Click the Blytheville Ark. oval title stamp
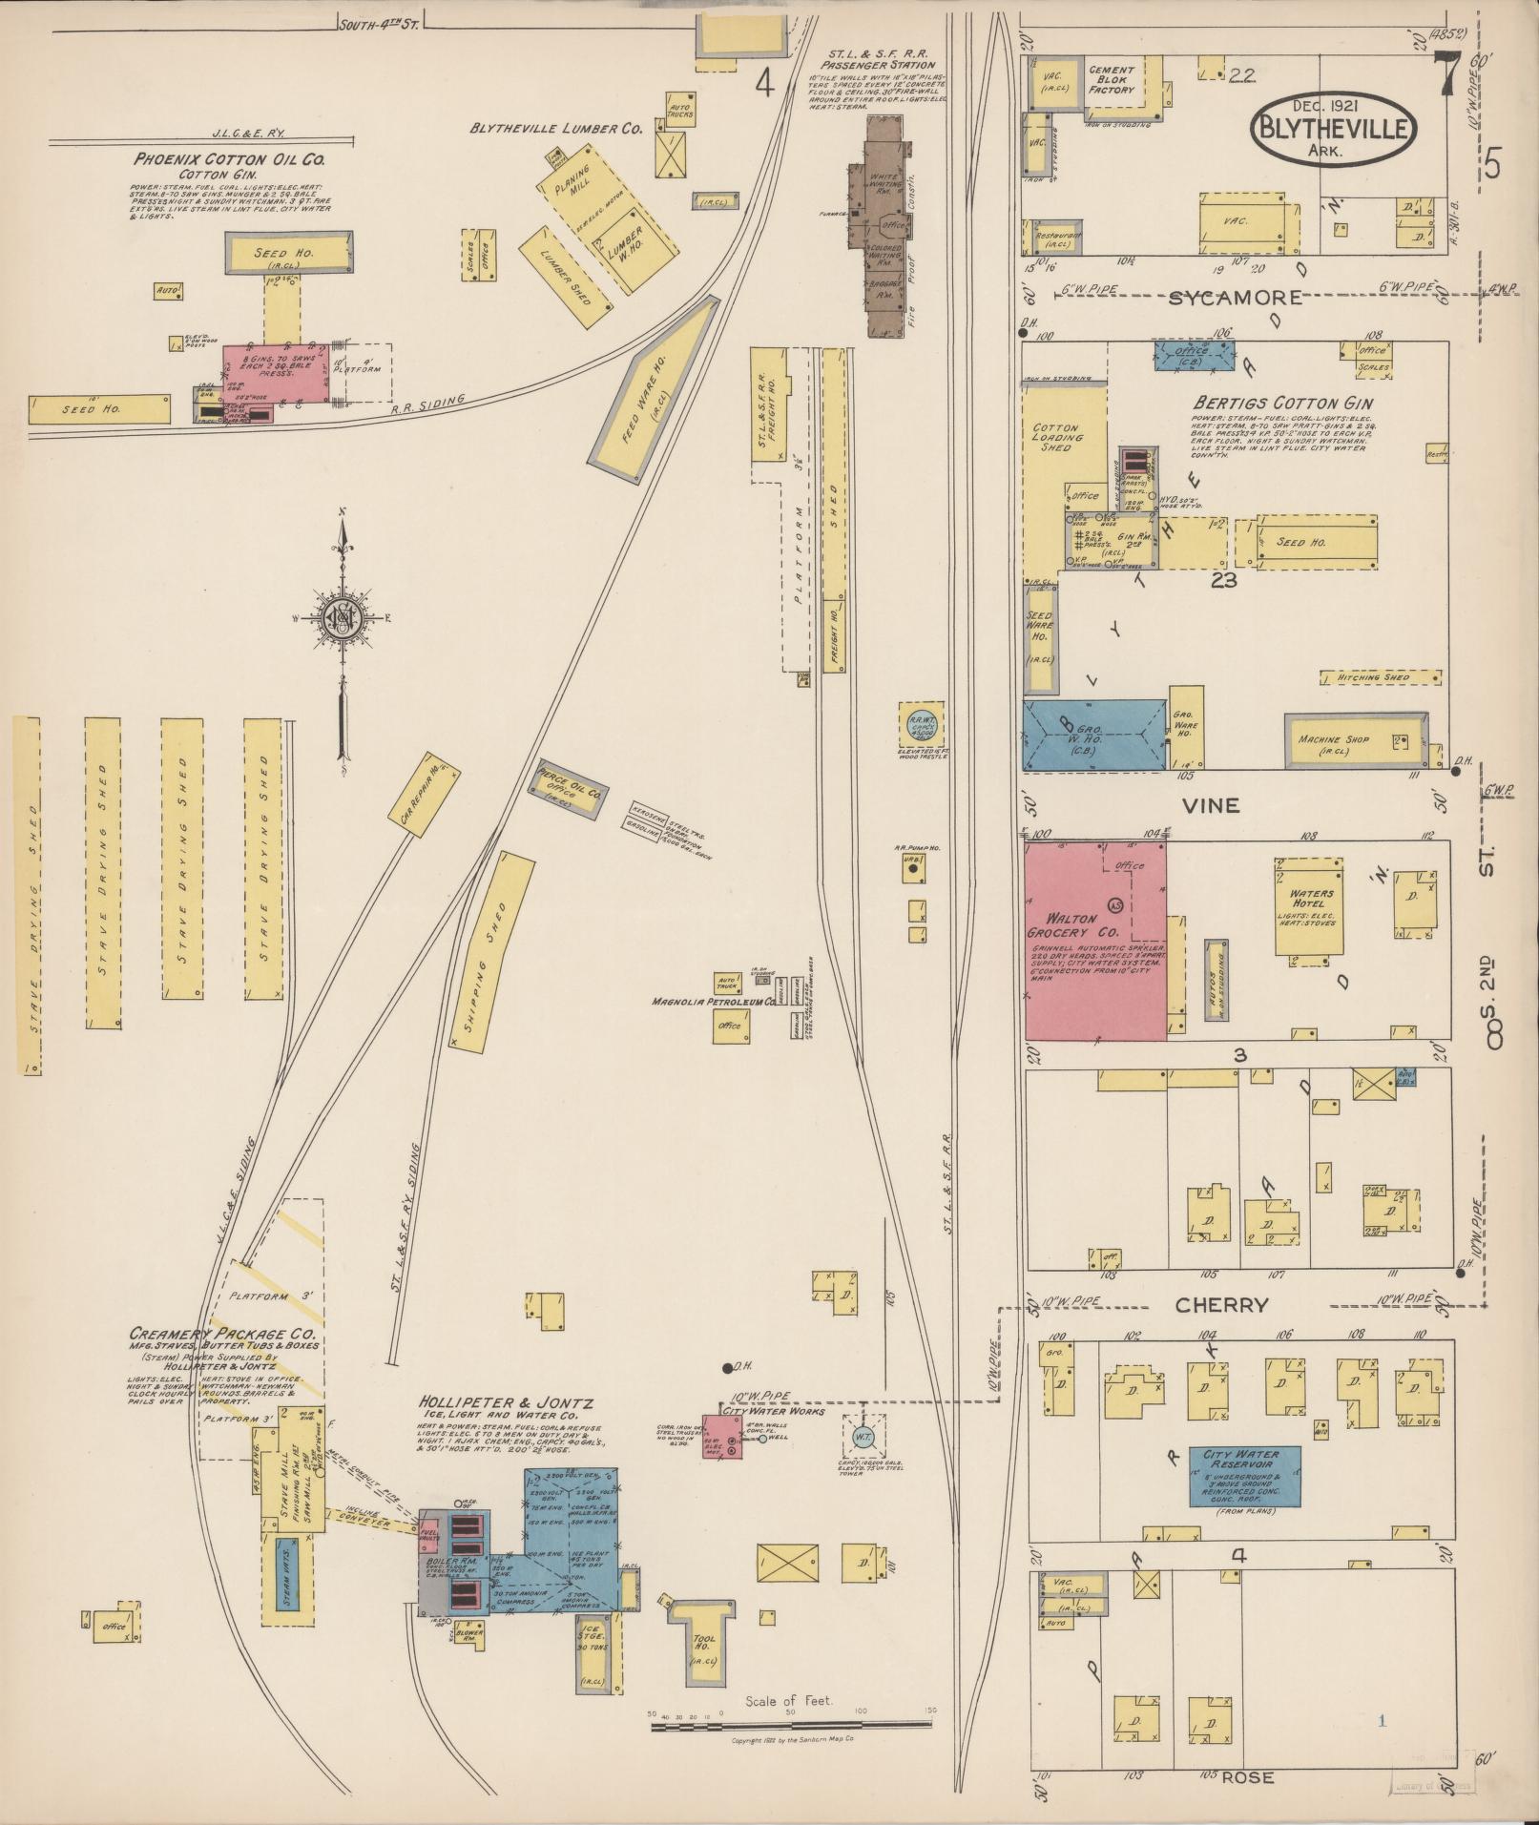pos(1334,127)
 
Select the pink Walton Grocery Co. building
pos(1094,940)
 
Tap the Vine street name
pos(1211,805)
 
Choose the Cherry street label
pos(1220,1306)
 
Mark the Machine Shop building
pos(1355,740)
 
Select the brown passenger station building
pos(887,227)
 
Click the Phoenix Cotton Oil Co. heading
pos(229,159)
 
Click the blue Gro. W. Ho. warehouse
pos(1094,734)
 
